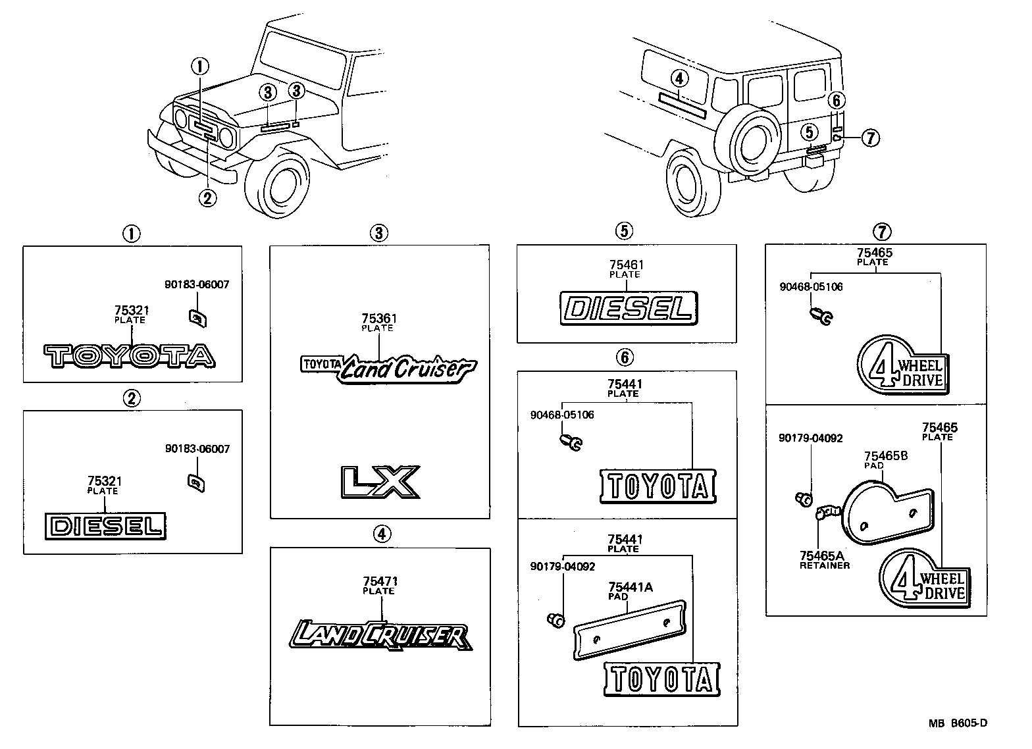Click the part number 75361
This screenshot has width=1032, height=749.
click(379, 319)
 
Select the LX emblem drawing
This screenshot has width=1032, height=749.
click(379, 482)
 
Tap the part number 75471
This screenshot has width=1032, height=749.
click(379, 582)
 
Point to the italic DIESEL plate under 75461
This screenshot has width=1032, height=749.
click(628, 308)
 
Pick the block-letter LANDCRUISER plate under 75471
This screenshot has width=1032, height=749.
click(379, 636)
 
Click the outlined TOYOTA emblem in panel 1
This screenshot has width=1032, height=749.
click(130, 355)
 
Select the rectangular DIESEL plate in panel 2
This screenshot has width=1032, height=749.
click(106, 525)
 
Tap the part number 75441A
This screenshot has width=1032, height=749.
click(631, 587)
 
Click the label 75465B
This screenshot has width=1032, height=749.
click(885, 456)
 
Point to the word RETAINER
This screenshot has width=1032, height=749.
click(825, 565)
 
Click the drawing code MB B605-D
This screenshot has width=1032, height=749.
click(958, 723)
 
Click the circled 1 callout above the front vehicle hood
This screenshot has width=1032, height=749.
click(200, 66)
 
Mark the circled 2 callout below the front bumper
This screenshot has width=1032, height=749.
click(207, 197)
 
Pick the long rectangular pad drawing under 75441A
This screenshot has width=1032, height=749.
click(629, 629)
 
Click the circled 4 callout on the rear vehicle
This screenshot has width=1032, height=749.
click(679, 79)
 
